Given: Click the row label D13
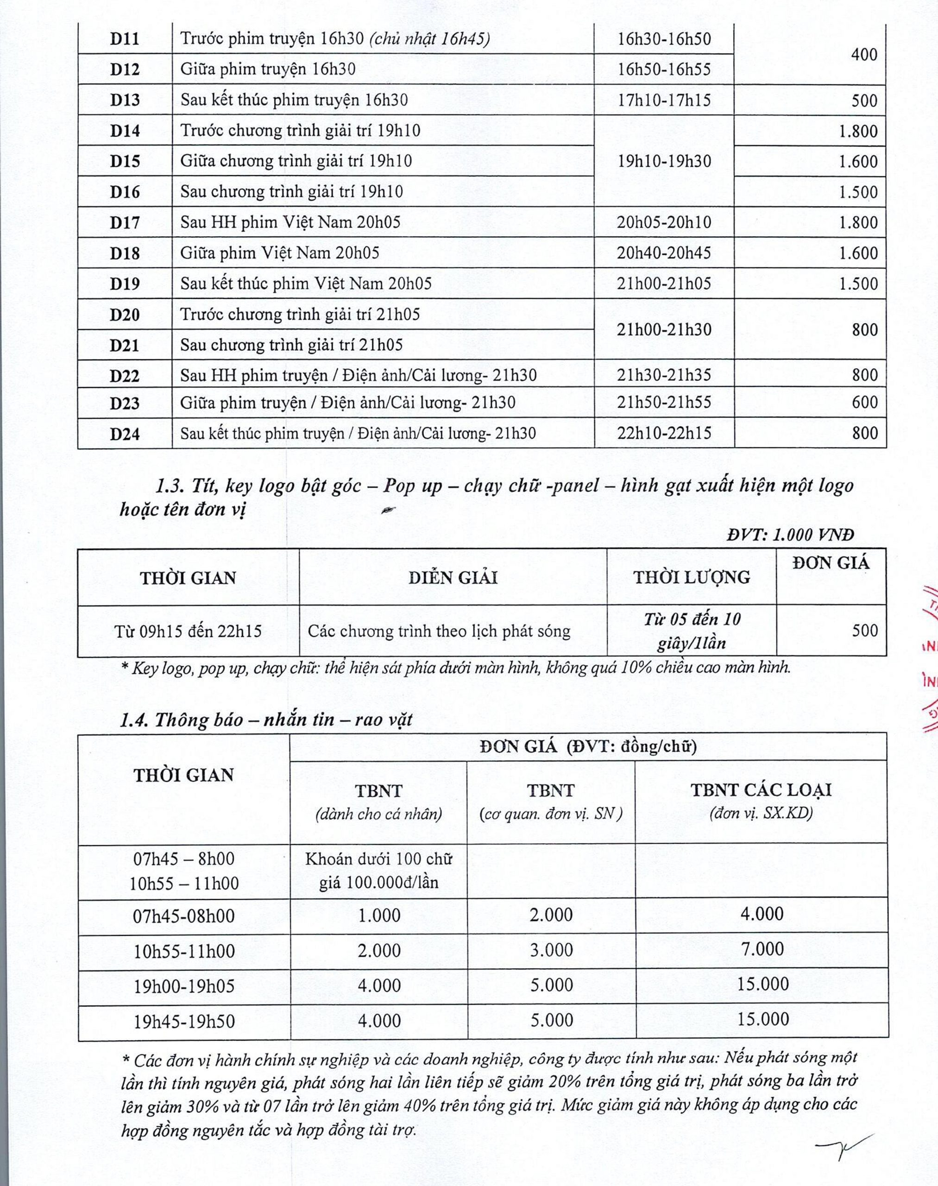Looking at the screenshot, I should tap(125, 100).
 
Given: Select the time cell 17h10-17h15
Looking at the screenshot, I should tap(663, 100).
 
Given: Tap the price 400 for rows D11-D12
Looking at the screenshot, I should tap(864, 54).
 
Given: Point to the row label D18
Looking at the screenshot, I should tap(125, 253).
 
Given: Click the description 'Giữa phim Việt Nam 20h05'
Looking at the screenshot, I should tap(279, 252).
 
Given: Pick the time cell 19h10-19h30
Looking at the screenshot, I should tap(663, 161).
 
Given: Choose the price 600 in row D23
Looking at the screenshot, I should tap(864, 402).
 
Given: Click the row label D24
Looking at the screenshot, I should tap(125, 434).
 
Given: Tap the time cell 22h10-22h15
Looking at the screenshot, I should tap(663, 433).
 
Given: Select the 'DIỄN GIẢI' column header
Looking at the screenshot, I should tap(453, 577).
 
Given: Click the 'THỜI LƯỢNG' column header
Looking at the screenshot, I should tap(692, 577).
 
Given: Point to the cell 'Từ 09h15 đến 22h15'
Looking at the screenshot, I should tap(188, 631).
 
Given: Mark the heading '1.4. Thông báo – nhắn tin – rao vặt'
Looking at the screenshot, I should tap(266, 719).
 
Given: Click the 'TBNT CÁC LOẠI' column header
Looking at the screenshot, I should tap(761, 790).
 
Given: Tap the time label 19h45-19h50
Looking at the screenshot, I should tap(184, 1021).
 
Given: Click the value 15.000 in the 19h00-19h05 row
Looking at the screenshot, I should tap(762, 984).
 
